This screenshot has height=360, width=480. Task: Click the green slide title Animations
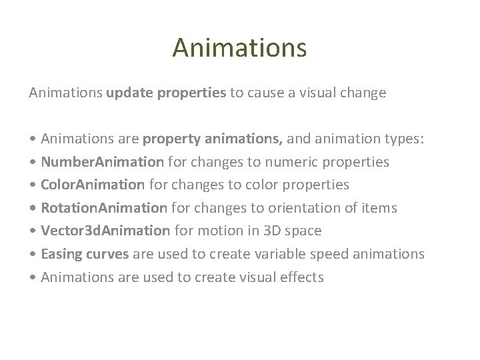pyautogui.click(x=239, y=48)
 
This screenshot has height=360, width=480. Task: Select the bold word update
pyautogui.click(x=129, y=93)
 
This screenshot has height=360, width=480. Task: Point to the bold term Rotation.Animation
pyautogui.click(x=105, y=208)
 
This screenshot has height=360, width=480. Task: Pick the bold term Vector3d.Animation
pyautogui.click(x=105, y=231)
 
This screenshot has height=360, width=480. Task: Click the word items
pyautogui.click(x=379, y=208)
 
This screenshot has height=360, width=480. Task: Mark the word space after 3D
pyautogui.click(x=303, y=231)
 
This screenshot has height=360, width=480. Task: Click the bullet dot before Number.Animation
pyautogui.click(x=33, y=163)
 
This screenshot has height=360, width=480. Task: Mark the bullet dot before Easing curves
pyautogui.click(x=33, y=255)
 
